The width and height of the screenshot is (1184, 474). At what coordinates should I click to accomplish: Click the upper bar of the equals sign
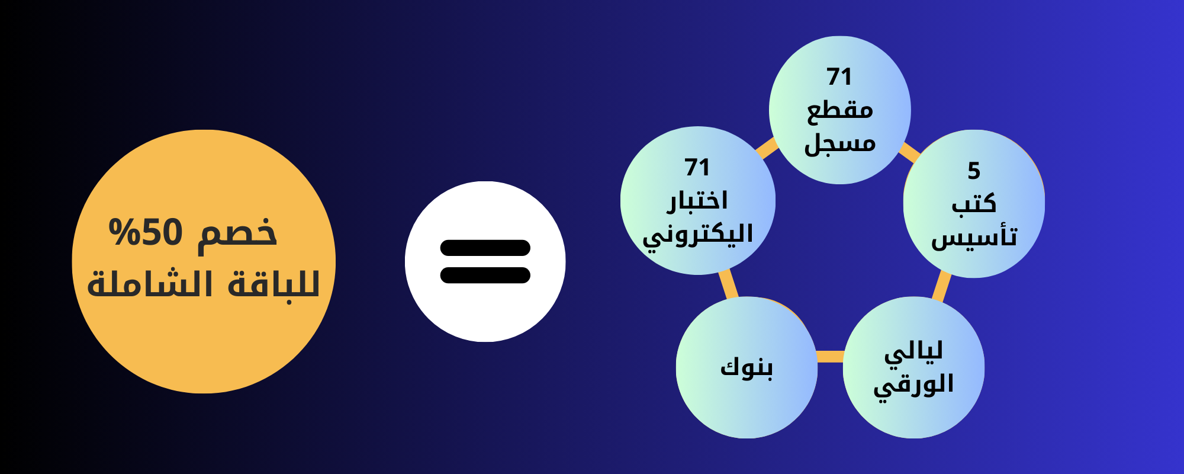click(x=485, y=248)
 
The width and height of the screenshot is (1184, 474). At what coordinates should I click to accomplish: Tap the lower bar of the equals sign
click(x=485, y=275)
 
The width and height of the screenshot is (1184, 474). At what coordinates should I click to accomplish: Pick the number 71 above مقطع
click(x=839, y=77)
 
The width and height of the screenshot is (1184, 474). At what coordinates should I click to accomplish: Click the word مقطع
click(x=840, y=110)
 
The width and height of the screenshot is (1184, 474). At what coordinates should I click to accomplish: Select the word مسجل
click(x=840, y=144)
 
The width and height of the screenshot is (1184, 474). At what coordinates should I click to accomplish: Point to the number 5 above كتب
click(x=974, y=171)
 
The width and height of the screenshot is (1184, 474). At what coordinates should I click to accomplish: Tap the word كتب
click(x=974, y=203)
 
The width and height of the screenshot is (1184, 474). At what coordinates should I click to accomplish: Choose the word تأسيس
click(x=974, y=236)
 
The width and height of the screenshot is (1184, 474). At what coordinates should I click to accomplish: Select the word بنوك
click(x=747, y=368)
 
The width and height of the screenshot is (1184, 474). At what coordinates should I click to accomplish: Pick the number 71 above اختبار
click(x=697, y=168)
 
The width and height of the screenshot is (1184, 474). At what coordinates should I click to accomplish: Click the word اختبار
click(x=697, y=201)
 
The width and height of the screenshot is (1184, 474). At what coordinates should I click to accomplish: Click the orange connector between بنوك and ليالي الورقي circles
click(x=830, y=356)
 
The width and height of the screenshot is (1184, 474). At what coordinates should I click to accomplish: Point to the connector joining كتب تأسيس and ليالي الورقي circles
click(x=941, y=287)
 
